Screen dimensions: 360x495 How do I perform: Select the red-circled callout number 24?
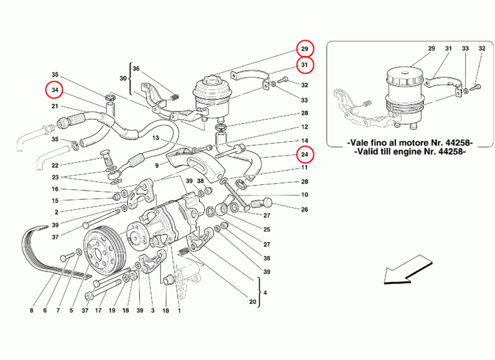click(x=304, y=154)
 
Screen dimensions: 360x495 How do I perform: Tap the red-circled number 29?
click(x=304, y=49)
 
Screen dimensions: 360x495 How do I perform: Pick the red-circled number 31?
click(x=304, y=65)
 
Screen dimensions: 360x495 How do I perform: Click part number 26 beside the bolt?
click(x=304, y=210)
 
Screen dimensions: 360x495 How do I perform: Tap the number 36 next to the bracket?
click(x=137, y=69)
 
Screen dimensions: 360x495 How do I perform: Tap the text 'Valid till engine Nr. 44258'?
click(x=407, y=151)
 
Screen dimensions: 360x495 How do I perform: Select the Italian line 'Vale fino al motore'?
click(x=407, y=142)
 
